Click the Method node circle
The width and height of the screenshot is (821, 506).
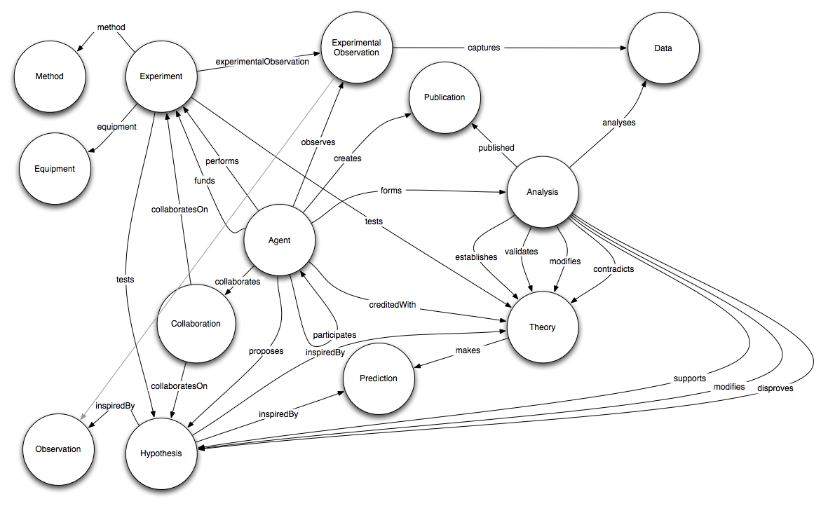point(49,76)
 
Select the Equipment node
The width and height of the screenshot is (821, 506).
point(55,169)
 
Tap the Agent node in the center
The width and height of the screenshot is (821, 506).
point(279,241)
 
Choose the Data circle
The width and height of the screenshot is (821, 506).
point(663,48)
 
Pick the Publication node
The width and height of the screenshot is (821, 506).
point(445,97)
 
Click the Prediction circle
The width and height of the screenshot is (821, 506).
point(379,378)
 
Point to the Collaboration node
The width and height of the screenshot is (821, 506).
point(196,324)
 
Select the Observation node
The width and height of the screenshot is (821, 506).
point(58,449)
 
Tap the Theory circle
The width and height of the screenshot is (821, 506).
point(542,327)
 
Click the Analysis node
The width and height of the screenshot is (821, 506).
point(542,192)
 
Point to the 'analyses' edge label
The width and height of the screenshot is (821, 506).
point(618,123)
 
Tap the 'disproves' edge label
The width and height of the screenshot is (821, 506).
point(775,388)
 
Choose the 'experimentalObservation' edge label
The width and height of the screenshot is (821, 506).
point(261,62)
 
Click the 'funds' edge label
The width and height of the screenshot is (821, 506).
point(205,180)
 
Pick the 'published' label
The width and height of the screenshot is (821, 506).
point(496,148)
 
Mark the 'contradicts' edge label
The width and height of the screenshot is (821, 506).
point(613,269)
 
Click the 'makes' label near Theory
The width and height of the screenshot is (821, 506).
point(468,350)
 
